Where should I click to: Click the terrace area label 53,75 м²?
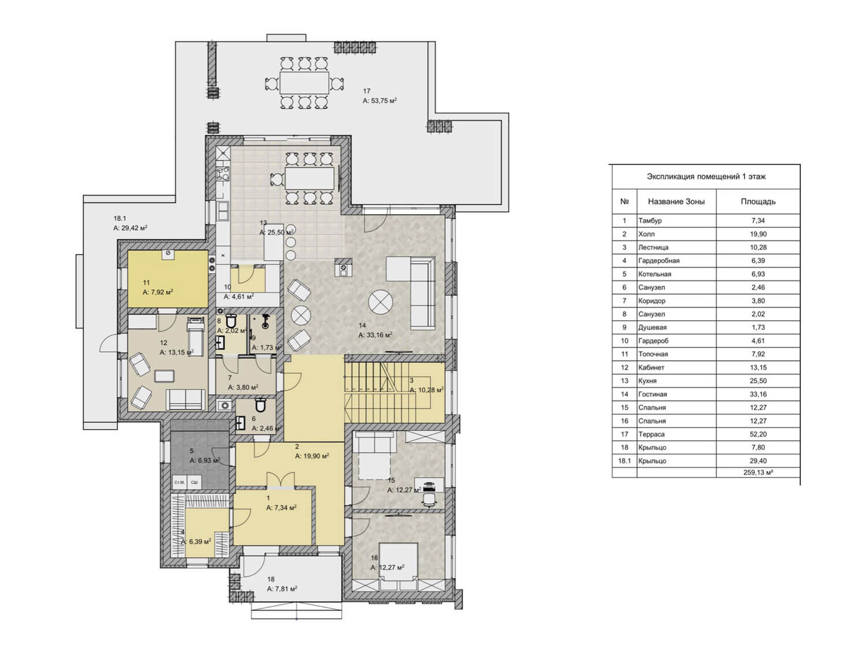click(x=379, y=100)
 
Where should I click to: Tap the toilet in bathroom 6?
click(x=261, y=405)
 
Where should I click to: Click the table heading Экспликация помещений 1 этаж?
click(x=706, y=177)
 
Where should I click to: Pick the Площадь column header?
click(x=758, y=202)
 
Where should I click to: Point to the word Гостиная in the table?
click(x=652, y=394)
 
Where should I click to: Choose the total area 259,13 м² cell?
click(x=758, y=472)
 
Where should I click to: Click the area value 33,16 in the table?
click(x=758, y=394)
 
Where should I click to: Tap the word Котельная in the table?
click(x=655, y=274)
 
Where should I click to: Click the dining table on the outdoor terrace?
click(x=304, y=82)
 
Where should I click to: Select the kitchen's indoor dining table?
click(x=309, y=178)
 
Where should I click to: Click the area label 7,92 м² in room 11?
click(x=158, y=292)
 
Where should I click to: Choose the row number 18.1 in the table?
click(x=624, y=460)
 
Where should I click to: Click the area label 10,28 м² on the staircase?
click(x=427, y=390)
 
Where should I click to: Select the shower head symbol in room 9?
click(x=266, y=320)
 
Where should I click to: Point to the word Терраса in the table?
click(x=651, y=434)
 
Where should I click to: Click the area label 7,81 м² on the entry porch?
click(x=282, y=588)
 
